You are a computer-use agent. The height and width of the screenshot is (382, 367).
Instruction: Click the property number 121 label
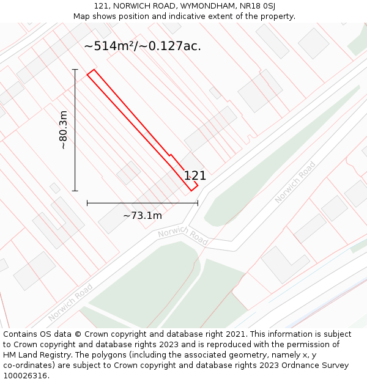click(195, 176)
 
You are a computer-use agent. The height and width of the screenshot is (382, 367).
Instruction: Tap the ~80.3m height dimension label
click(63, 130)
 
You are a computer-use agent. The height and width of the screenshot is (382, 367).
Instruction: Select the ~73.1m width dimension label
click(143, 215)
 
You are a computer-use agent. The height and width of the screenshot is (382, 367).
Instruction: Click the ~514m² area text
click(112, 46)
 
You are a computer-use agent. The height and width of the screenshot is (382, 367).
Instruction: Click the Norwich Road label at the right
click(295, 182)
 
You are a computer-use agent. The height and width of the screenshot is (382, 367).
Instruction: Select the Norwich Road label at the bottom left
click(70, 303)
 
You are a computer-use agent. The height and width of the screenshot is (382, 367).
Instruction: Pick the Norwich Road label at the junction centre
click(183, 235)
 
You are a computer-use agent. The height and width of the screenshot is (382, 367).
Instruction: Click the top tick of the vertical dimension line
click(75, 70)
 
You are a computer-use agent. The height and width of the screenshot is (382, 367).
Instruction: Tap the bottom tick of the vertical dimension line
click(75, 191)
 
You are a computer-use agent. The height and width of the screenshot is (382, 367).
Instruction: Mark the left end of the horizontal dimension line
click(87, 202)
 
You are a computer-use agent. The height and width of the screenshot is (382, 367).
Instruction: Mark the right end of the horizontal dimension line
click(198, 202)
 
